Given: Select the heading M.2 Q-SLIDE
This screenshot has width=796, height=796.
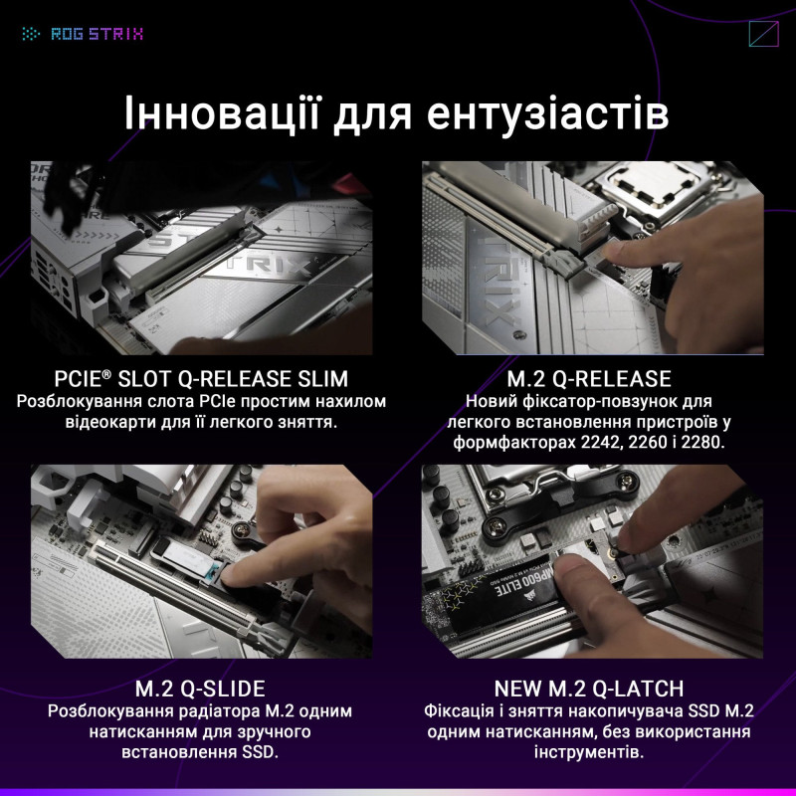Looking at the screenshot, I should click(x=200, y=689).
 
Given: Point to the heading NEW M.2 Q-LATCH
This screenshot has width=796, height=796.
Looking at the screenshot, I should click(x=588, y=689).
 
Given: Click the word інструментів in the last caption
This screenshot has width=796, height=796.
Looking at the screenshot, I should click(x=589, y=753).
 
